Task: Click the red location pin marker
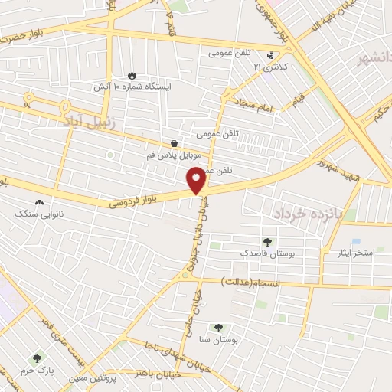point(196,180)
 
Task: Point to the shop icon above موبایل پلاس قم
point(175,143)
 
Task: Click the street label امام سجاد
point(255,106)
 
